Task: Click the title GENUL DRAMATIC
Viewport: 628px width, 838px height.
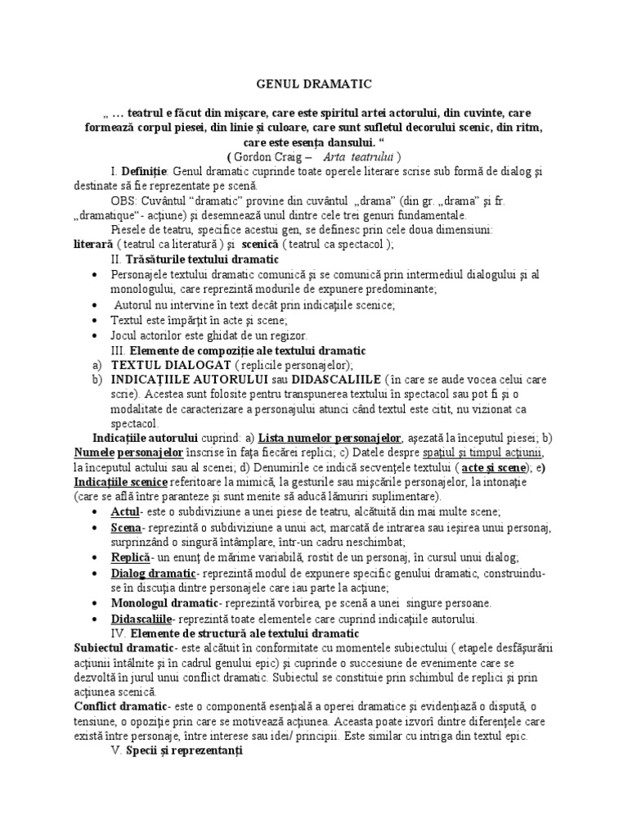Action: click(x=313, y=83)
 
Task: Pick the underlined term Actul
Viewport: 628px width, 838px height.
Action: click(x=125, y=511)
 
